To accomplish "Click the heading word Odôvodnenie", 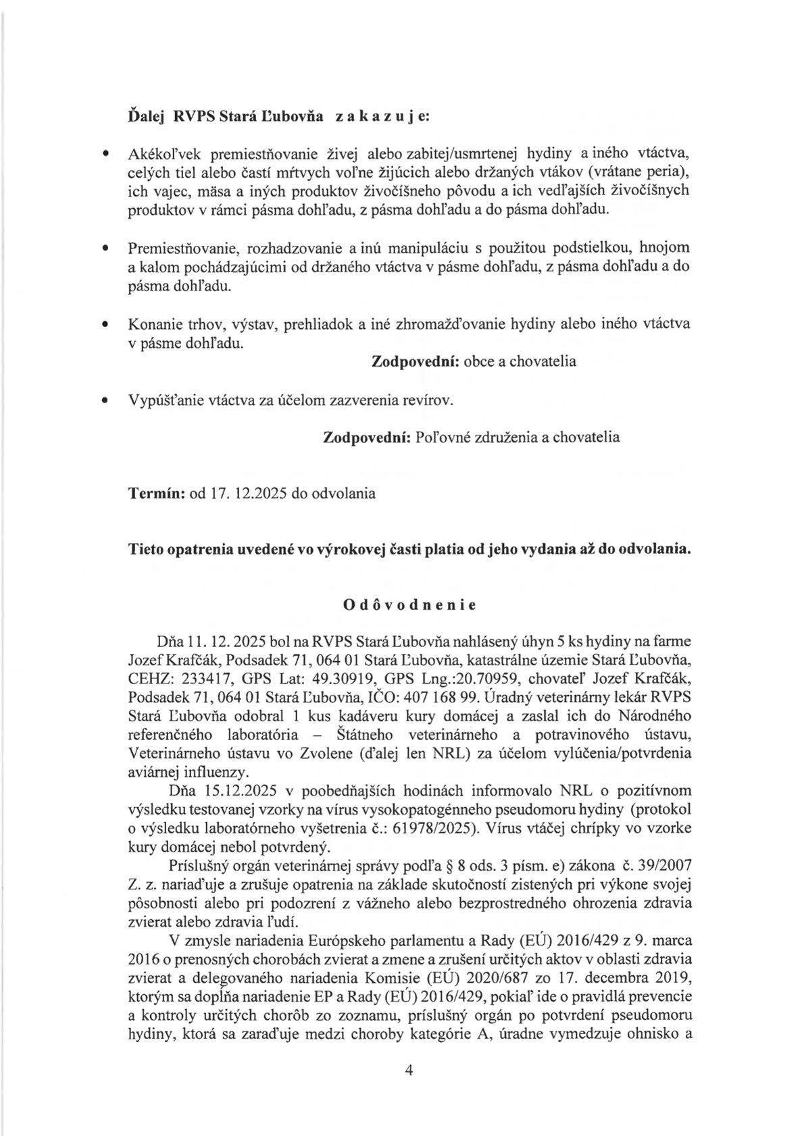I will pyautogui.click(x=409, y=605).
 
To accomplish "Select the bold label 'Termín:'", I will pyautogui.click(x=157, y=493).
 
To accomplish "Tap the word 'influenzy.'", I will pyautogui.click(x=211, y=771).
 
